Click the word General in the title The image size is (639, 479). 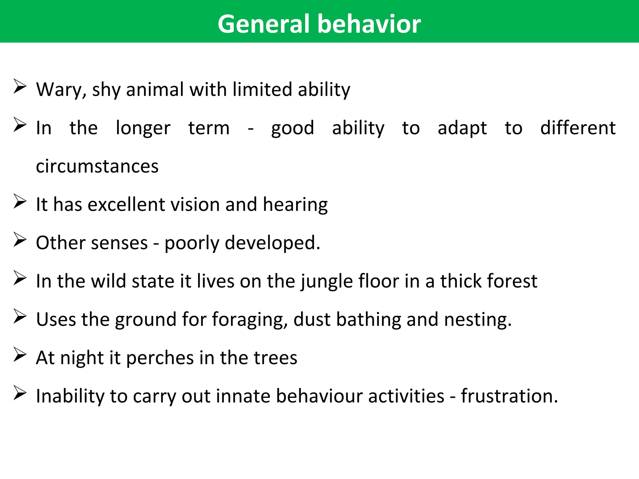click(264, 24)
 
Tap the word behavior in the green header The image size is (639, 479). click(369, 24)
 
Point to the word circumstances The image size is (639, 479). click(97, 166)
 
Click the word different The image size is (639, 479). click(578, 128)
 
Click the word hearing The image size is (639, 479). click(295, 205)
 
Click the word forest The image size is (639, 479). click(512, 281)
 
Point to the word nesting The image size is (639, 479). click(478, 320)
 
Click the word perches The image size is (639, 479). click(160, 358)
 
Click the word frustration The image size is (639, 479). click(509, 396)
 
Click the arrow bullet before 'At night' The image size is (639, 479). click(20, 355)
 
